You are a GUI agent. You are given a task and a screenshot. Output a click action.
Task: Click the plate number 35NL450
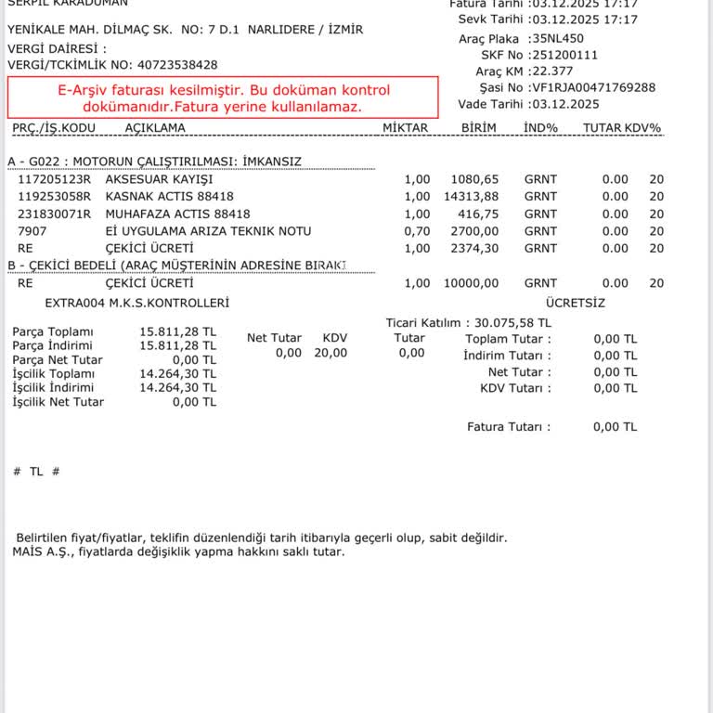(x=558, y=38)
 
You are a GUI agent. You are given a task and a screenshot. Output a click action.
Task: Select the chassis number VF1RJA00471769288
(x=594, y=87)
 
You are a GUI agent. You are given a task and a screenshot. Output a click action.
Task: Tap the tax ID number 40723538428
(x=177, y=65)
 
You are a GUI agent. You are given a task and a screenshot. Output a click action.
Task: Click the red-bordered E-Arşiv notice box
(x=223, y=98)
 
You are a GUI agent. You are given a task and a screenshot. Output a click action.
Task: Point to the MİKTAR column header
(x=406, y=127)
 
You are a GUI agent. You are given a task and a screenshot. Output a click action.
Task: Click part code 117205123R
(x=55, y=179)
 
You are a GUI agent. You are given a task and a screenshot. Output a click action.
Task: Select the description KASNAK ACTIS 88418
(x=169, y=196)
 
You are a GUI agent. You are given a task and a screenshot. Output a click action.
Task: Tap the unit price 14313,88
(x=471, y=196)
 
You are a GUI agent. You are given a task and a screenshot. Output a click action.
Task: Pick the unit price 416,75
(x=479, y=214)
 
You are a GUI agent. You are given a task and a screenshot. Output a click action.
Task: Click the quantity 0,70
(x=417, y=231)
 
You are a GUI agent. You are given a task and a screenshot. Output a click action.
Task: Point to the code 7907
(x=32, y=231)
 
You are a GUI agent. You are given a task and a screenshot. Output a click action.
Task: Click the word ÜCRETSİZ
(x=576, y=303)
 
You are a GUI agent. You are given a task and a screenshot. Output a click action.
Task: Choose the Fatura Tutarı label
(x=508, y=427)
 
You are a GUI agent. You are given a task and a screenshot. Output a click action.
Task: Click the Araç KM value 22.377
(x=552, y=71)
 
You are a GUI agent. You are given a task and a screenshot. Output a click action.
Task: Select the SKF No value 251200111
(x=564, y=55)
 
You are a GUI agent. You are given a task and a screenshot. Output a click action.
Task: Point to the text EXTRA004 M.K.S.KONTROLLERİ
(x=136, y=303)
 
